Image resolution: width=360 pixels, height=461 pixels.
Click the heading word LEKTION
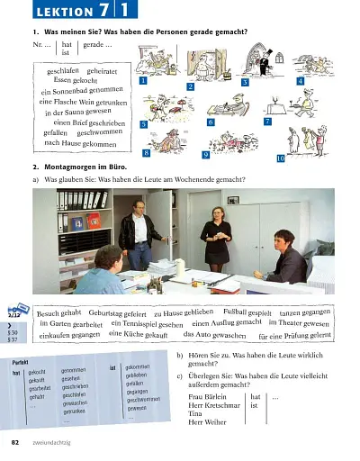click(43, 11)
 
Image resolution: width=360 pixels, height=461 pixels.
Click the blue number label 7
click(267, 121)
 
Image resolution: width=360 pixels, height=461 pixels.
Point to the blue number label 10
click(280, 158)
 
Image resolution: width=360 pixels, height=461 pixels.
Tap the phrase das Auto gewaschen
click(216, 335)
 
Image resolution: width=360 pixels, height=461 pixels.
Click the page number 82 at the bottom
click(15, 444)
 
